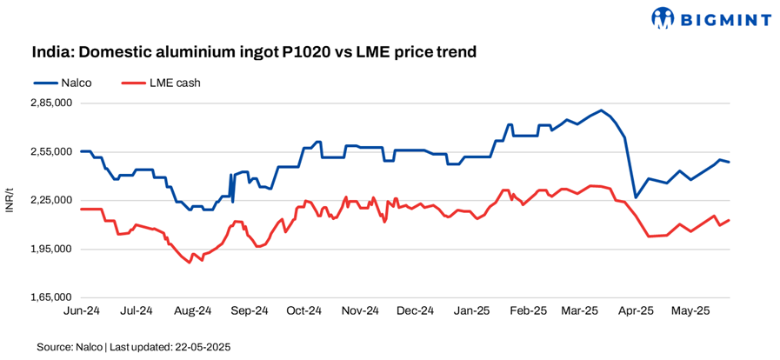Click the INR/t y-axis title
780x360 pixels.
(x=10, y=200)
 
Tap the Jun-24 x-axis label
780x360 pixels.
(x=80, y=310)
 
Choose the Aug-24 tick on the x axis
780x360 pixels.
(x=193, y=310)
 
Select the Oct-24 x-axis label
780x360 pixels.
(x=304, y=310)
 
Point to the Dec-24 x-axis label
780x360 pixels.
(x=415, y=310)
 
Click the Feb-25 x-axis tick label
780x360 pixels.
(x=528, y=310)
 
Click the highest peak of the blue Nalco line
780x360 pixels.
(x=601, y=110)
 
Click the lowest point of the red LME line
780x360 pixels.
(x=190, y=262)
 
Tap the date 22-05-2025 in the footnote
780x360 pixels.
(x=202, y=347)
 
